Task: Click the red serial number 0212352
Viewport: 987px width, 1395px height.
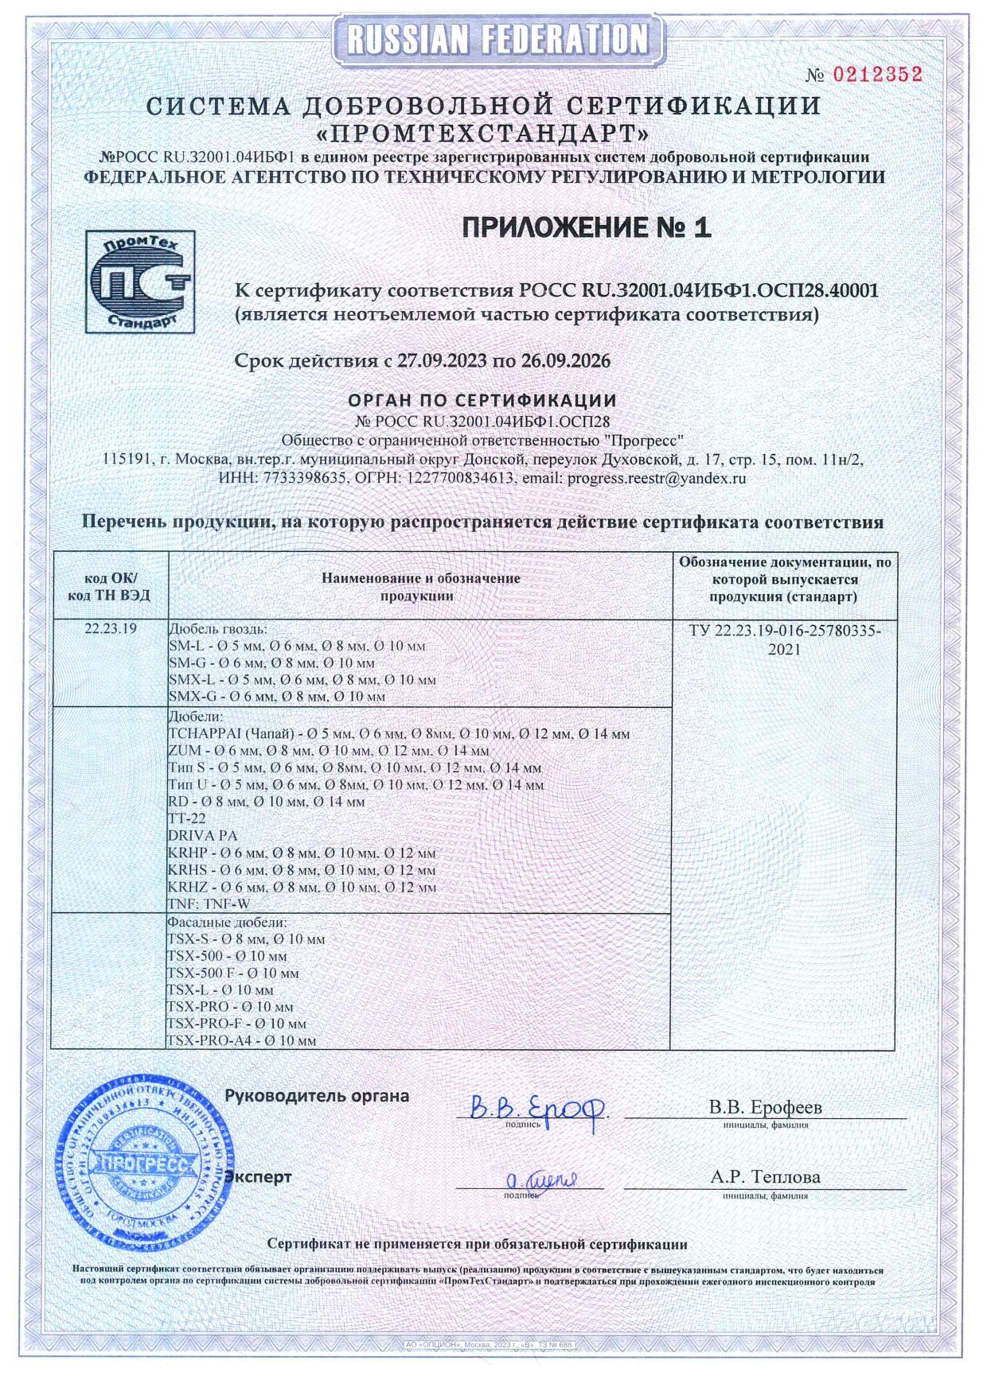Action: (877, 75)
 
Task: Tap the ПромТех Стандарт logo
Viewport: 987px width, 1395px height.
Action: (140, 282)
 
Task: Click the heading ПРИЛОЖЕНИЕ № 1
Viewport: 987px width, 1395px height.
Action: (587, 228)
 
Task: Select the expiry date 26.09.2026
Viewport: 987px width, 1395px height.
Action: (566, 361)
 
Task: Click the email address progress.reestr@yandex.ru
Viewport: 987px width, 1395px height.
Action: (655, 479)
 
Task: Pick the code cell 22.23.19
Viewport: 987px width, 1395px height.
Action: (111, 628)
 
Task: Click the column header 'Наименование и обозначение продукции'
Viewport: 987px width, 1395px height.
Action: (420, 586)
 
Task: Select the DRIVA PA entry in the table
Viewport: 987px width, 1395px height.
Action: (203, 836)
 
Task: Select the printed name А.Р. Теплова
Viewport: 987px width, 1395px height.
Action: (765, 1177)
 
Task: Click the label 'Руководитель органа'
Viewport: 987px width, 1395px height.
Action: (317, 1096)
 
